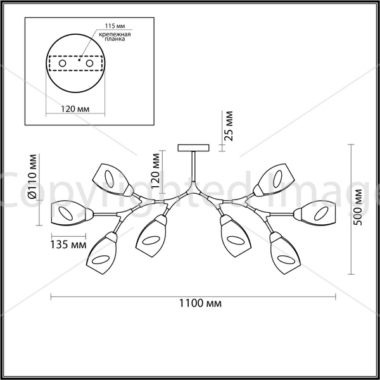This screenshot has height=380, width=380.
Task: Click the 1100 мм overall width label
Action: click(x=200, y=303)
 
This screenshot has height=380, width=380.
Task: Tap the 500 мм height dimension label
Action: click(x=357, y=208)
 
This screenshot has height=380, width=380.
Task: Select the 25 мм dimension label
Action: click(x=228, y=126)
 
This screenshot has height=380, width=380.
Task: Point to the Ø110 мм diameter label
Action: click(x=32, y=177)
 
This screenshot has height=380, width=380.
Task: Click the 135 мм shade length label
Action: click(x=68, y=244)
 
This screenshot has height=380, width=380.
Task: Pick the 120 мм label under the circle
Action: click(x=75, y=109)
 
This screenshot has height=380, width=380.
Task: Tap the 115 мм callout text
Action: click(x=115, y=26)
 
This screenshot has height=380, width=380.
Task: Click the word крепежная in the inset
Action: click(x=115, y=34)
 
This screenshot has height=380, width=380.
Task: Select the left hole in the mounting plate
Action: click(x=63, y=63)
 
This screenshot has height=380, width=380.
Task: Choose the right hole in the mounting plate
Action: click(x=89, y=63)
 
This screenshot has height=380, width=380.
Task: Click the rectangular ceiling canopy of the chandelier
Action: click(x=193, y=148)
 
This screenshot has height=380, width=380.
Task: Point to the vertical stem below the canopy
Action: click(x=193, y=167)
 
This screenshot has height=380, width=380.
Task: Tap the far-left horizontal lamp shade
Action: click(x=72, y=213)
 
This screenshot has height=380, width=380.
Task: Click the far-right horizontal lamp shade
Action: click(x=315, y=213)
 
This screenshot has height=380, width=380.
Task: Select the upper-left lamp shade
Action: click(x=113, y=180)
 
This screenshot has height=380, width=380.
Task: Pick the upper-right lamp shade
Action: click(x=274, y=180)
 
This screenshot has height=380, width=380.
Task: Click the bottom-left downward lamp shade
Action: click(x=102, y=253)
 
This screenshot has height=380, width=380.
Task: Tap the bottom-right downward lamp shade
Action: click(x=285, y=253)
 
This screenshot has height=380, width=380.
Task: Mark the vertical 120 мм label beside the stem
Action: click(x=155, y=171)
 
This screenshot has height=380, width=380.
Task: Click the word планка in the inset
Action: click(x=115, y=39)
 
